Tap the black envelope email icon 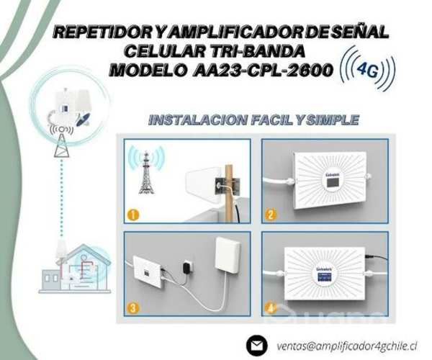[x=256, y=345]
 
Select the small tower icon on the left [x=60, y=142]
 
